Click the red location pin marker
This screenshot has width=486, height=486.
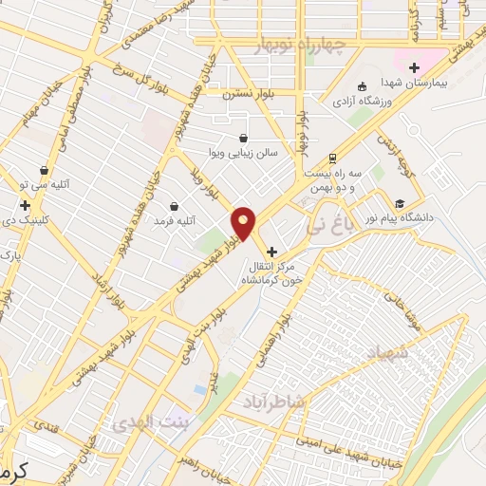pyautogui.click(x=244, y=223)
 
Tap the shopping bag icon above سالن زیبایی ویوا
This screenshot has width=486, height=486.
pyautogui.click(x=245, y=138)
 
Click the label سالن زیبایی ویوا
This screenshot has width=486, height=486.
pyautogui.click(x=245, y=153)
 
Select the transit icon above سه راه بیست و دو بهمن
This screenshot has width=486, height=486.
pyautogui.click(x=332, y=158)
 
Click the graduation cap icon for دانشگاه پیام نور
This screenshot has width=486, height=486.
pyautogui.click(x=400, y=203)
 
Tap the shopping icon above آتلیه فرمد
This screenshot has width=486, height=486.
pyautogui.click(x=174, y=206)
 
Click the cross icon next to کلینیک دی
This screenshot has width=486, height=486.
pyautogui.click(x=25, y=204)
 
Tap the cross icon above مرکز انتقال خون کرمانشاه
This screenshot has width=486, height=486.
pyautogui.click(x=273, y=252)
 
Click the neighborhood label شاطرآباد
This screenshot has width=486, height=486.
pyautogui.click(x=274, y=400)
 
